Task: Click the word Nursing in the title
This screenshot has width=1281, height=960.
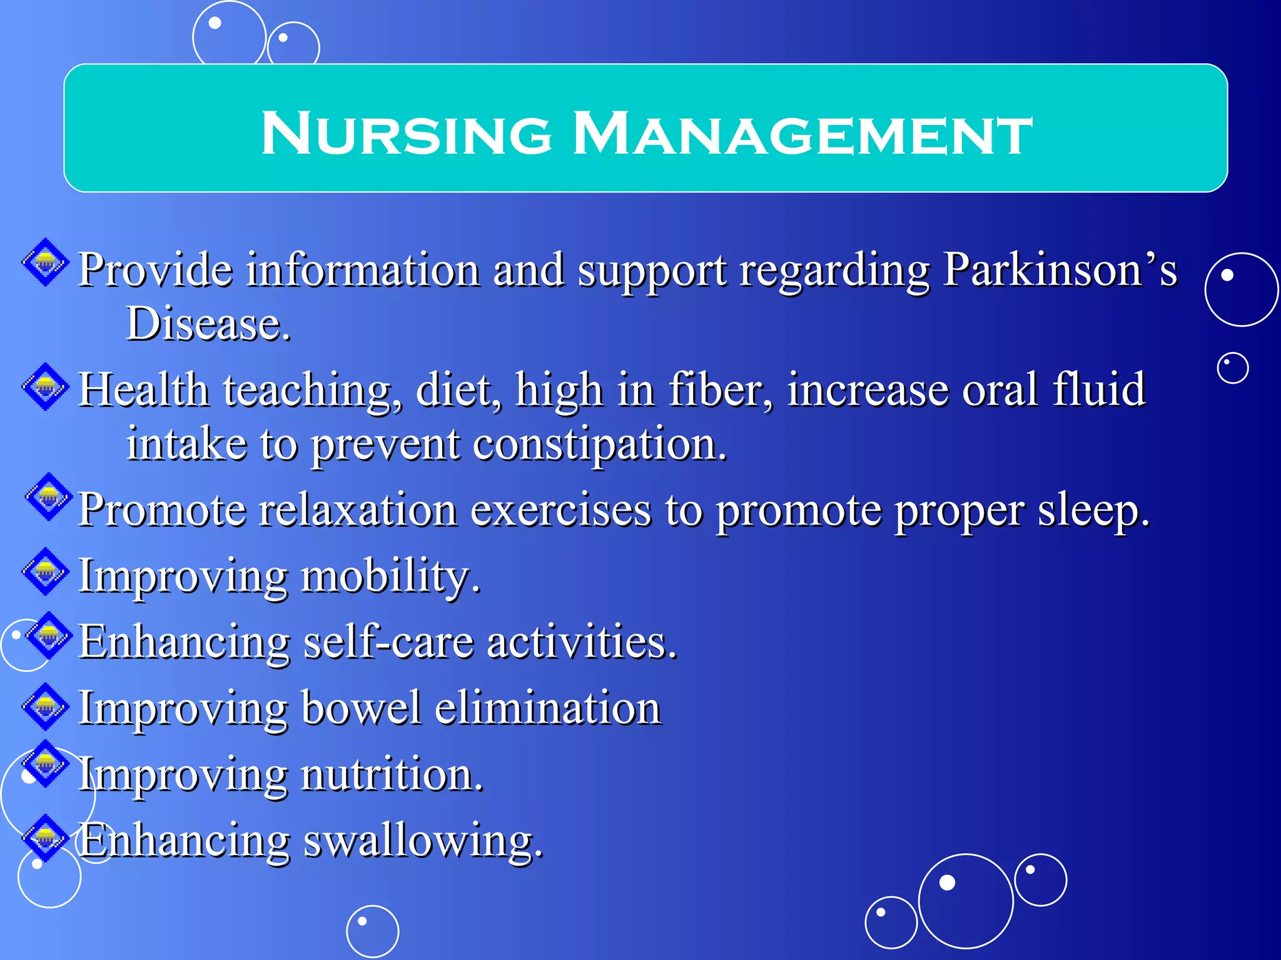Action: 407,132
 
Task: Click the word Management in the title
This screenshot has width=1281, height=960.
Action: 803,132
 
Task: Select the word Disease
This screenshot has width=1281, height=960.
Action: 208,324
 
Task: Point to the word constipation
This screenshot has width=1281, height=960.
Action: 600,445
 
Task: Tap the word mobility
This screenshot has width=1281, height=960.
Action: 390,576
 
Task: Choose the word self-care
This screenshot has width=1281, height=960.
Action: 388,642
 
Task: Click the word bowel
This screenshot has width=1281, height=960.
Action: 361,708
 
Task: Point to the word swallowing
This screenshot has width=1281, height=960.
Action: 423,841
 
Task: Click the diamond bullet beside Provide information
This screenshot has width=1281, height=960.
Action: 46,262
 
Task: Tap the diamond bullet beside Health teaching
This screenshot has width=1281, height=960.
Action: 46,387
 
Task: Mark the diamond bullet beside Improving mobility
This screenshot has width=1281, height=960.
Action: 46,571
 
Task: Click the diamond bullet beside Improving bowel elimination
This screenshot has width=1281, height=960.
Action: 46,706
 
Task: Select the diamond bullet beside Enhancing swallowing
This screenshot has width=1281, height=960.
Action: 46,837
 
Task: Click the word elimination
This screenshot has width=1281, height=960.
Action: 547,708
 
